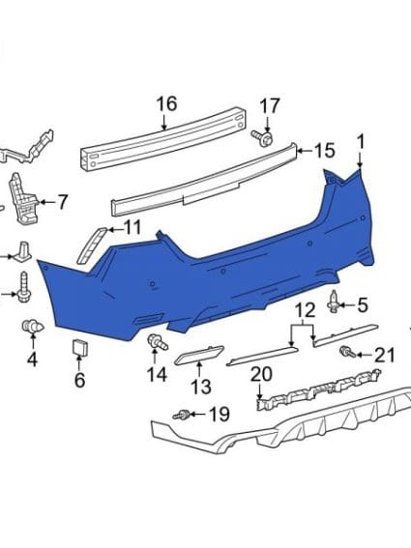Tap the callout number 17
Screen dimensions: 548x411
[x=270, y=105]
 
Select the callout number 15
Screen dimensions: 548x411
[x=324, y=151]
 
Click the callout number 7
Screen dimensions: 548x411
[x=63, y=202]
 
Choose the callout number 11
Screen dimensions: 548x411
[x=132, y=228]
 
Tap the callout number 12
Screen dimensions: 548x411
[x=306, y=310]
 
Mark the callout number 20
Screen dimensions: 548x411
[x=261, y=373]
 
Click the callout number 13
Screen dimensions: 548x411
[x=199, y=388]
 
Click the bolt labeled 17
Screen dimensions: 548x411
[x=259, y=138]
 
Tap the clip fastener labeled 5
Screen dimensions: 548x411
[x=335, y=302]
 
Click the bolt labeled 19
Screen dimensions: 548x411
[x=180, y=416]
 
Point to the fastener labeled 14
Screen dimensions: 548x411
[x=153, y=341]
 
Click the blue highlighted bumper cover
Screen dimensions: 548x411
[x=222, y=280]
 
